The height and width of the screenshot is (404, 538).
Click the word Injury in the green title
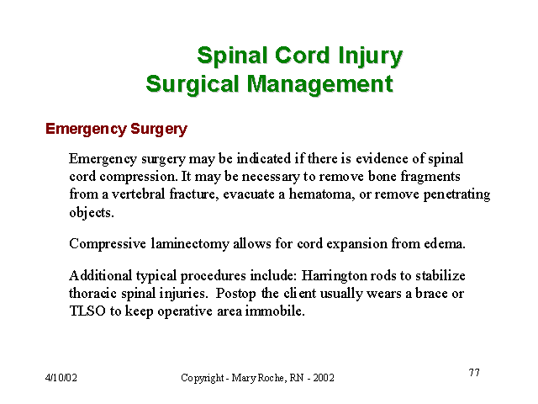370,56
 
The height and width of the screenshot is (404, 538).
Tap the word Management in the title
320,84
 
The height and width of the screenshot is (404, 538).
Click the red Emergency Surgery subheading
116,129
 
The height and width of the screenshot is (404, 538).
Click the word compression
139,178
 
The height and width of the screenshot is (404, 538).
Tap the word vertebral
138,194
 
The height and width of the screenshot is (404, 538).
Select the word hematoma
322,194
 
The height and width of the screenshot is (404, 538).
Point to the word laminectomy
190,244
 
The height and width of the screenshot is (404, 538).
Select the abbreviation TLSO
87,311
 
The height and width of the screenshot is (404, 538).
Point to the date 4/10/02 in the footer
61,378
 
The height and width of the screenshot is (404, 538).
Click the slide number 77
474,372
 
